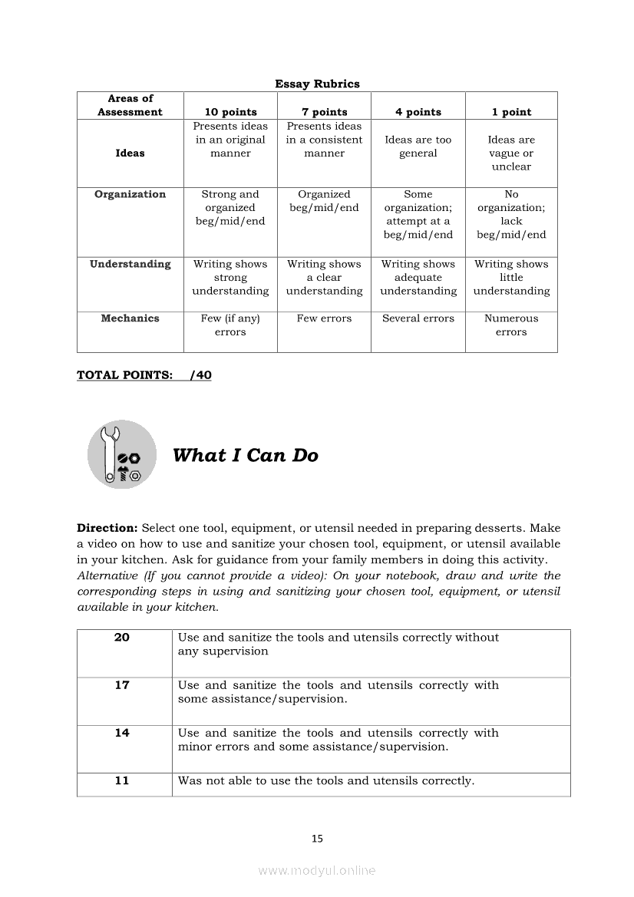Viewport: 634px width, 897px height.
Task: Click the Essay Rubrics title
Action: [317, 84]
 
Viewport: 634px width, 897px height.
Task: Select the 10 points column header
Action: [230, 112]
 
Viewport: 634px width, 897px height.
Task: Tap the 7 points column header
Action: [324, 112]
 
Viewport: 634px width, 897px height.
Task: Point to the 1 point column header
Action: [511, 112]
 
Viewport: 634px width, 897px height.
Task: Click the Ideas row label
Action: [130, 153]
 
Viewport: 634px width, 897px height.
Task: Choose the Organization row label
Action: [130, 194]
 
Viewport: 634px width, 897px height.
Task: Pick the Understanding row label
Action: [130, 264]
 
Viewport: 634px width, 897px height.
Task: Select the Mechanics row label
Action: [130, 318]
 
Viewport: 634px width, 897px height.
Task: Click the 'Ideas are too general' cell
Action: [418, 147]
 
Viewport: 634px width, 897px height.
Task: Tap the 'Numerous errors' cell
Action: [511, 325]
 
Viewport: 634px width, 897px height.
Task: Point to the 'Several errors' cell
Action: [418, 318]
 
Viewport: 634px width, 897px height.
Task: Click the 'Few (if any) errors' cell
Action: [230, 325]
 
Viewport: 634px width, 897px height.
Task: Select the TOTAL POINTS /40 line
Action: [144, 375]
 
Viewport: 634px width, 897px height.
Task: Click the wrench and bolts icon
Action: [122, 454]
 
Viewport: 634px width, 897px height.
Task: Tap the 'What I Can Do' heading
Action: [245, 455]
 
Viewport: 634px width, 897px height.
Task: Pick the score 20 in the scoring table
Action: [122, 638]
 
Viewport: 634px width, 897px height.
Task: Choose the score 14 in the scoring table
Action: [122, 733]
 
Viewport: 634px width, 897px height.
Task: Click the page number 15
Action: [317, 839]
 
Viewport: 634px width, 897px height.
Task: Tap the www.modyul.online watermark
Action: [317, 870]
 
